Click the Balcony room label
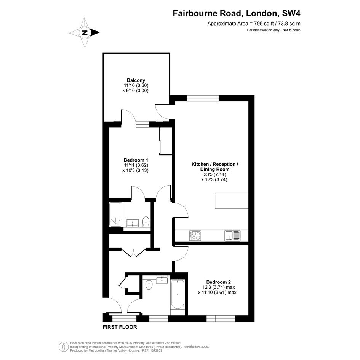click(x=136, y=80)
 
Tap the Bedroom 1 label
click(x=136, y=160)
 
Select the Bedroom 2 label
click(x=218, y=282)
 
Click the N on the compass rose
click(x=85, y=32)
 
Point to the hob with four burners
click(x=195, y=235)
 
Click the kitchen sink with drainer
click(x=233, y=235)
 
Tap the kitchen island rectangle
click(x=232, y=201)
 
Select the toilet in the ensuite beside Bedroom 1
click(x=146, y=222)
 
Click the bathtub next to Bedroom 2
click(x=177, y=294)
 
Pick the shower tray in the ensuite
click(x=116, y=214)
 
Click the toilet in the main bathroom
click(x=149, y=285)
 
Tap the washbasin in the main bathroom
click(x=162, y=280)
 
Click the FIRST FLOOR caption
click(x=120, y=327)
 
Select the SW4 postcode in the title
click(x=291, y=13)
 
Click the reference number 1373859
click(x=156, y=350)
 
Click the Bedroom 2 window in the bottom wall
click(x=221, y=318)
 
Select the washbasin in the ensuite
click(x=132, y=223)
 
